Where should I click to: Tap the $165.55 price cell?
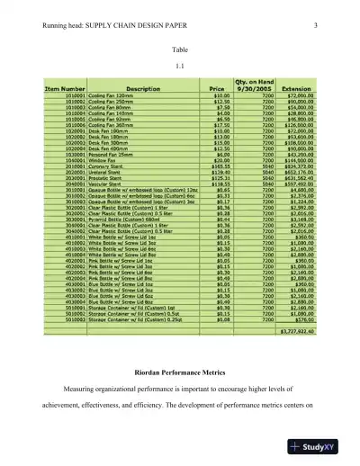coord(216,166)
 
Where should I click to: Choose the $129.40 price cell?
coord(216,172)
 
